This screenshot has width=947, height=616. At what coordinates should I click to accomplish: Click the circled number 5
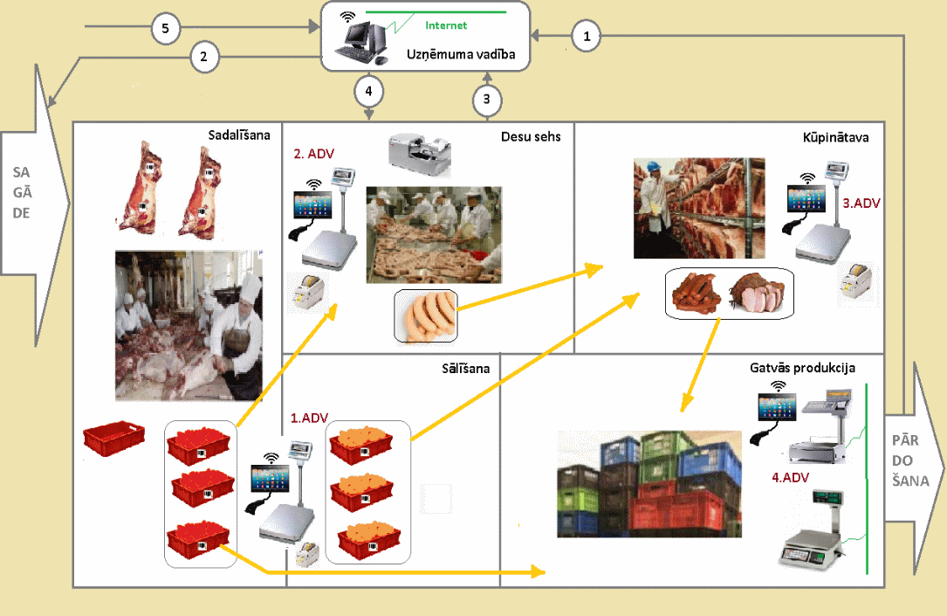(166, 29)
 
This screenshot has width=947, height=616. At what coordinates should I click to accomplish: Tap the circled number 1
(587, 37)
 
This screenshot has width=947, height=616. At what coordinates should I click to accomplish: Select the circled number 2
(204, 57)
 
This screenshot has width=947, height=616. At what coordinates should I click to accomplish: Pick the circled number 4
(368, 91)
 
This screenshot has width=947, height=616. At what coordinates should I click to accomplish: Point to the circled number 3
(487, 99)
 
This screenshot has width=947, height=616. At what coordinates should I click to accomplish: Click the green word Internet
(446, 25)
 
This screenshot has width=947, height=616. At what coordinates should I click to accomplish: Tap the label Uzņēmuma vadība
(461, 54)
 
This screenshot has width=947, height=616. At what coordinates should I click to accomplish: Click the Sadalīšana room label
(239, 135)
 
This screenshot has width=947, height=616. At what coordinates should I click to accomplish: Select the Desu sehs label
(531, 137)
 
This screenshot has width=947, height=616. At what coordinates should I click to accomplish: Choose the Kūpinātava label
(836, 137)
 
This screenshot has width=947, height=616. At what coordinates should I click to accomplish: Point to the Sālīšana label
(466, 368)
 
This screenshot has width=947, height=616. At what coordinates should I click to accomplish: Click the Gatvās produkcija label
(803, 368)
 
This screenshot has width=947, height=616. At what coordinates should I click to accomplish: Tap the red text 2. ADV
(314, 154)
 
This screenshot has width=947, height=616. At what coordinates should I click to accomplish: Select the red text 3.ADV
(861, 204)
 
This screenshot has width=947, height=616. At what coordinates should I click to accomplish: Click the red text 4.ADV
(791, 478)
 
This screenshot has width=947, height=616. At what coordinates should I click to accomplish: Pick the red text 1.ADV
(309, 418)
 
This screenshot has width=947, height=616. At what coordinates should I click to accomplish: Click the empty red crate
(114, 438)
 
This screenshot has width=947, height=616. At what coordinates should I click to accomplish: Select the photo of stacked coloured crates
(649, 483)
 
